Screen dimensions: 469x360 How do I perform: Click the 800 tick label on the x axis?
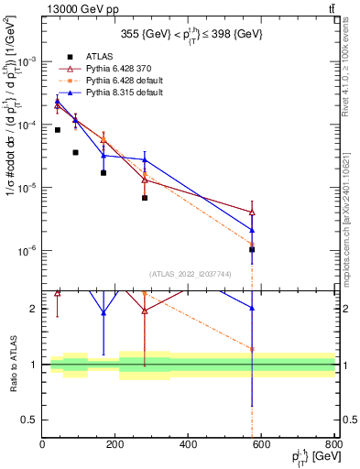334,445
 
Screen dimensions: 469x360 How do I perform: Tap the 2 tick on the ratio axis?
33,309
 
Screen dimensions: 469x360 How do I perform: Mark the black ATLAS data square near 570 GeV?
252,249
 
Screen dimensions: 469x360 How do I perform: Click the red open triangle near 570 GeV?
252,213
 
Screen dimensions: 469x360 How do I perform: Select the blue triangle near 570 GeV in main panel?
252,230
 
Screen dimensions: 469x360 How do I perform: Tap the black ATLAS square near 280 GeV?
145,198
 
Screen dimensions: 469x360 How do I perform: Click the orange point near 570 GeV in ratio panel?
252,349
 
